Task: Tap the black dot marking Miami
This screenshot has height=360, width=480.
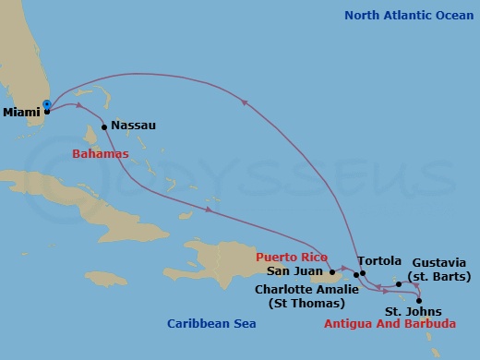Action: tap(47, 111)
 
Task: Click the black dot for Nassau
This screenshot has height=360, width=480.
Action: tap(104, 127)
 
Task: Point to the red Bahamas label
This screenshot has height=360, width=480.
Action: tap(100, 153)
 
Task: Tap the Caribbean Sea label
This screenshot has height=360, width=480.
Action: tap(211, 323)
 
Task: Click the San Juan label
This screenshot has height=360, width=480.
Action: tap(294, 271)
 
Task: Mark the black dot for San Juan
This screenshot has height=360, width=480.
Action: tap(330, 272)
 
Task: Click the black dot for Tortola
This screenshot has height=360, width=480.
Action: tap(364, 273)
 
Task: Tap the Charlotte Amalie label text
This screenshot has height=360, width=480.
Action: tap(300, 288)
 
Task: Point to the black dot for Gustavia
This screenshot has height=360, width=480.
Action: tap(399, 284)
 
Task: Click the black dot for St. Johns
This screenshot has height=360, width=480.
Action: tap(419, 301)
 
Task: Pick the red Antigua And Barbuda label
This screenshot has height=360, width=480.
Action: tap(390, 325)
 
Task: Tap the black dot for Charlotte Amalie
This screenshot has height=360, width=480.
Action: tap(356, 276)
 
